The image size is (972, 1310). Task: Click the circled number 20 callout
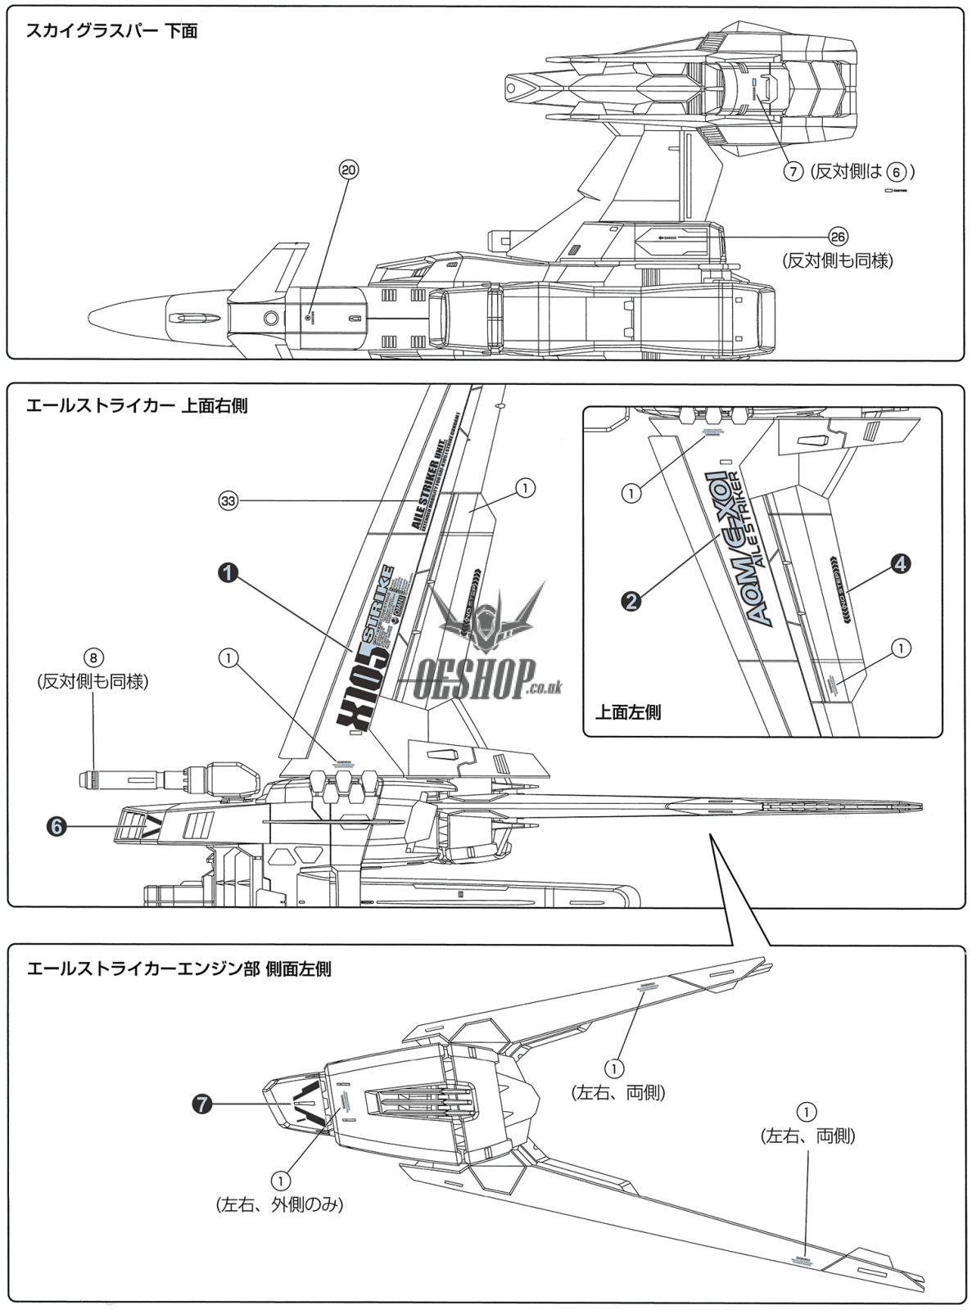348,169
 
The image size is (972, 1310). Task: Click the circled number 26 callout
837,236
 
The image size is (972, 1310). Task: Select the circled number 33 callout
228,501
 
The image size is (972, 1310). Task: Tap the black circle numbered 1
228,574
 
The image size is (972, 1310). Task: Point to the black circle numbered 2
631,600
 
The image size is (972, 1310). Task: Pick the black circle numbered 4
899,563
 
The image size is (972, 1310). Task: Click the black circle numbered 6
56,827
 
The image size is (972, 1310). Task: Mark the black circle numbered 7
201,1104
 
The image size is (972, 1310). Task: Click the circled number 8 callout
93,657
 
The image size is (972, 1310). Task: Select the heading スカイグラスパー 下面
111,32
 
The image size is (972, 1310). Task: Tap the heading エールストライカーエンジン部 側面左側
179,969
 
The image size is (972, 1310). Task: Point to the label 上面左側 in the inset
628,711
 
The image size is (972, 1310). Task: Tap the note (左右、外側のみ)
279,1204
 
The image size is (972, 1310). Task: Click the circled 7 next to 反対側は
793,172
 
